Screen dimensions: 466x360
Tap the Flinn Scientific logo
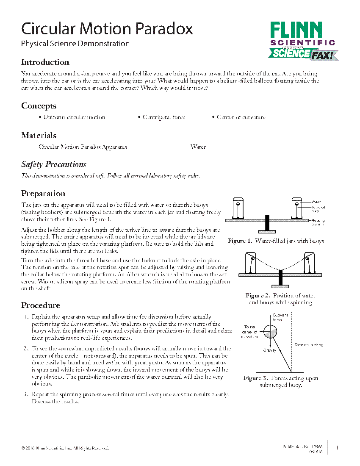(302, 41)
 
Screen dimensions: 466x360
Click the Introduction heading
(45, 62)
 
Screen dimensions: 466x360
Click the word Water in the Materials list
(198, 147)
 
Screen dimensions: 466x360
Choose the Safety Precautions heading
(54, 164)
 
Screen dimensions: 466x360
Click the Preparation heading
(43, 194)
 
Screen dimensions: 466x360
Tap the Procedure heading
(41, 305)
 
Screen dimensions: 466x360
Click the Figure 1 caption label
(240, 241)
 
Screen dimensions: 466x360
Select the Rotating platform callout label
(318, 222)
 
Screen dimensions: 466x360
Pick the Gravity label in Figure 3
(270, 350)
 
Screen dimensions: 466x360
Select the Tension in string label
(309, 345)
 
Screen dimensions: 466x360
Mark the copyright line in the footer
(65, 448)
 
